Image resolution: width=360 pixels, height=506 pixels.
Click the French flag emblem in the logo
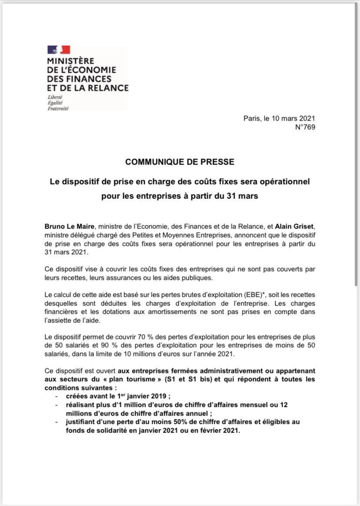coord(59,50)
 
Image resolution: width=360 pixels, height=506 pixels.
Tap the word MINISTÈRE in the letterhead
coord(70,61)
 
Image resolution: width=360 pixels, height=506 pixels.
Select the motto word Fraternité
coord(58,108)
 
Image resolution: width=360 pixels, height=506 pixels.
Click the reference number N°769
coord(305,127)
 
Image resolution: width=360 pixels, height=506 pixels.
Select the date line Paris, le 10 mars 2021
coord(279,118)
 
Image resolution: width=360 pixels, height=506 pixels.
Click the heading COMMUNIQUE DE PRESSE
coord(180,162)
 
